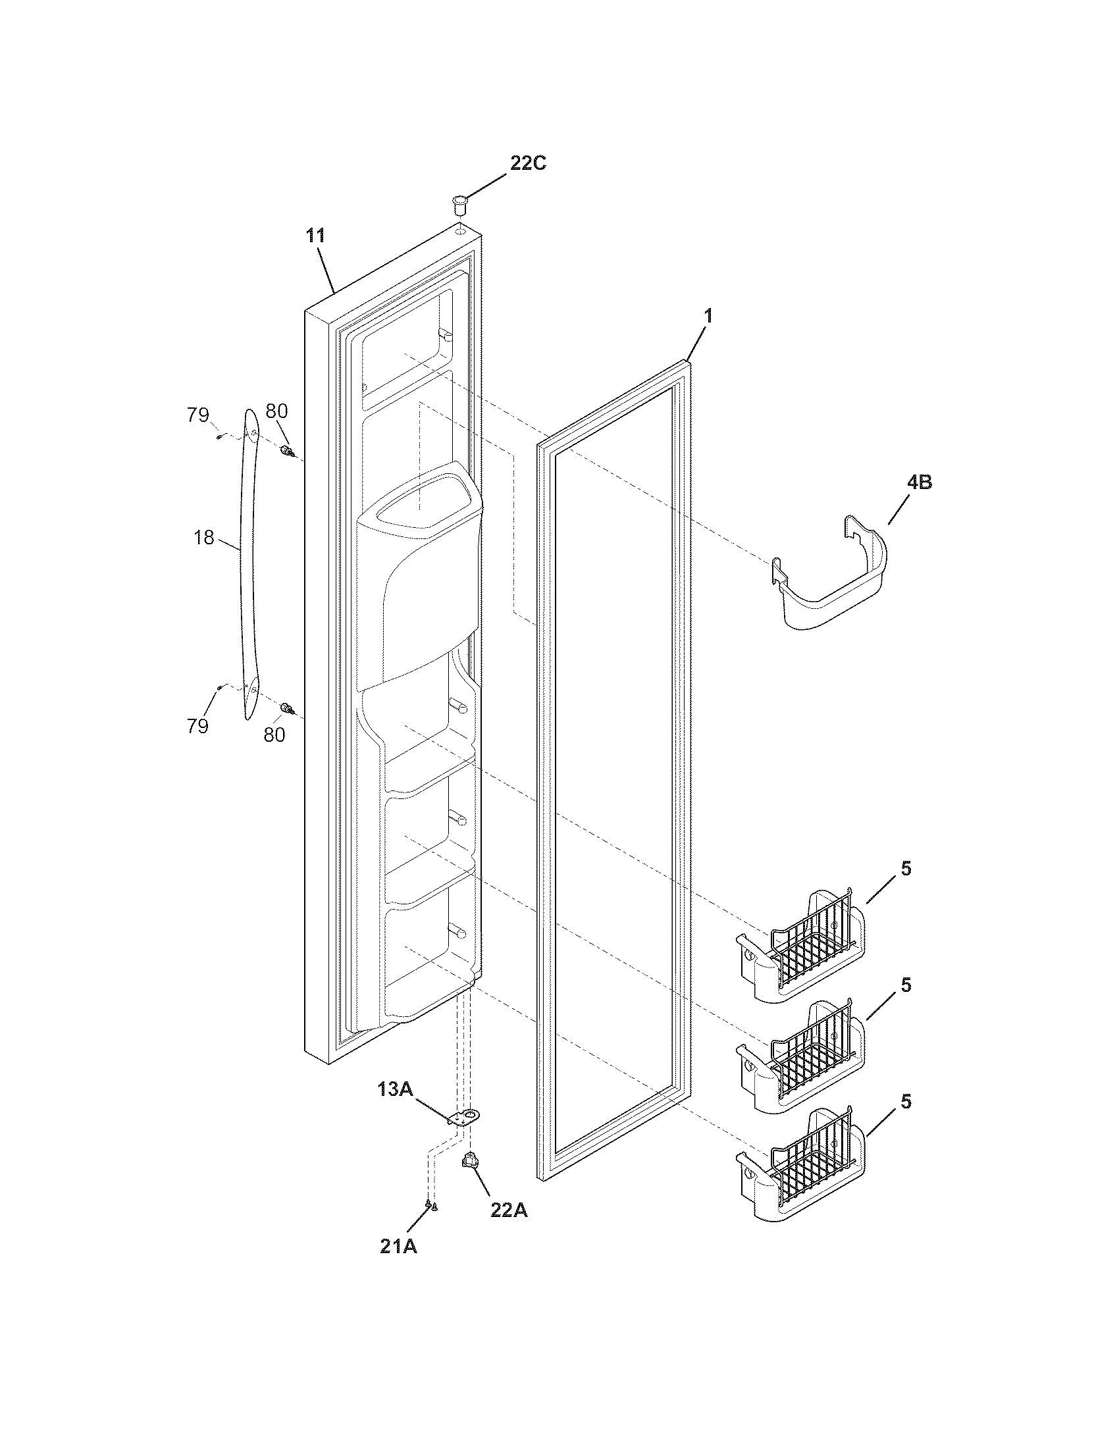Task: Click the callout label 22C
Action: coord(528,163)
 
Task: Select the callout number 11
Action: coord(315,236)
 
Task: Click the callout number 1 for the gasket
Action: coord(708,316)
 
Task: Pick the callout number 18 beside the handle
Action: coord(204,538)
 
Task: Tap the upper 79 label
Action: coord(197,416)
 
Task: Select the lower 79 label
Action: coord(197,727)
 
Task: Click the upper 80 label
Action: coord(276,411)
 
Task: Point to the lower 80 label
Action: coord(274,735)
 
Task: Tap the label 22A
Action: coord(509,1210)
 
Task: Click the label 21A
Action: coord(398,1247)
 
